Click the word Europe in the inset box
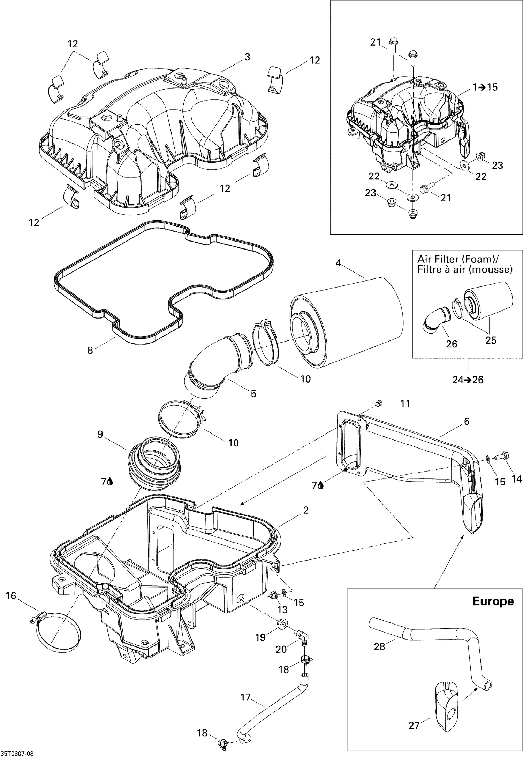point(493,601)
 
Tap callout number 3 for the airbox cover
point(247,57)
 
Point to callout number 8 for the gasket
point(90,350)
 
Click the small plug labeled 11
point(378,404)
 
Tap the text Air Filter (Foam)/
point(458,259)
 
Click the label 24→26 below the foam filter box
point(468,380)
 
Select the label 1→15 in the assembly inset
point(485,87)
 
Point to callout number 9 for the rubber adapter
point(100,435)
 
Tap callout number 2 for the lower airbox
point(306,510)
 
